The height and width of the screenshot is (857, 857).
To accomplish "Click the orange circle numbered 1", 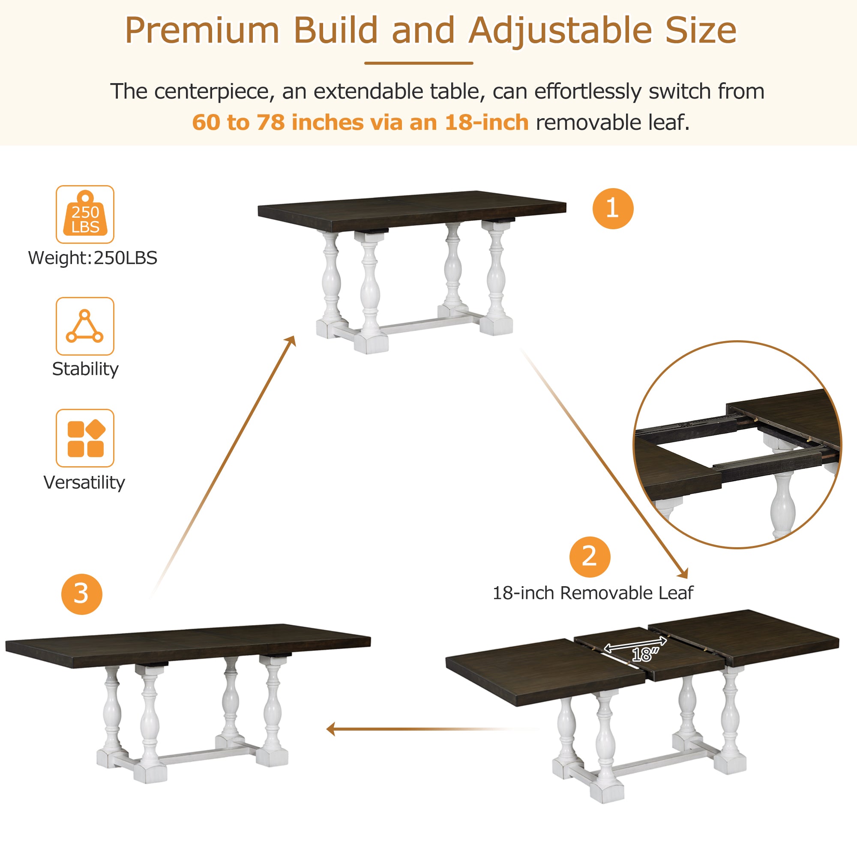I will [x=613, y=209].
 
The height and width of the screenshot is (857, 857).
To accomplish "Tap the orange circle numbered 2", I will [x=590, y=557].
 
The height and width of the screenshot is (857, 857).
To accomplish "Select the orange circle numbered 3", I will [x=81, y=594].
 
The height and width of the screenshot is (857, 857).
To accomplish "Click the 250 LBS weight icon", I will [x=85, y=214].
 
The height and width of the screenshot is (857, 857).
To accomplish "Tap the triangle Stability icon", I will [x=85, y=326].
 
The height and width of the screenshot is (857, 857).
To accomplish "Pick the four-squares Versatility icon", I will [x=85, y=438].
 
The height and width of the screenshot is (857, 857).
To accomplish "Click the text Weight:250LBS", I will [x=92, y=258].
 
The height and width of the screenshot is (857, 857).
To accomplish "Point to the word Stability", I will [x=85, y=369].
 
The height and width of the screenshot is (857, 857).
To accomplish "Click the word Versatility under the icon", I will [x=84, y=482].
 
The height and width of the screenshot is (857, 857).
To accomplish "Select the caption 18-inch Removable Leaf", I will [x=593, y=593].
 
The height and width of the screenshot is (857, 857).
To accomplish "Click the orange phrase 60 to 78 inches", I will [x=278, y=123].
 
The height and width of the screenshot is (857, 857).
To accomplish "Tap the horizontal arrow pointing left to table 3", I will [x=399, y=729].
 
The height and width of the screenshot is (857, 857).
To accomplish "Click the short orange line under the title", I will [x=418, y=63].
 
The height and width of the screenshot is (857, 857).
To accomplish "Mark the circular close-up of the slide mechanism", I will [x=737, y=444].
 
